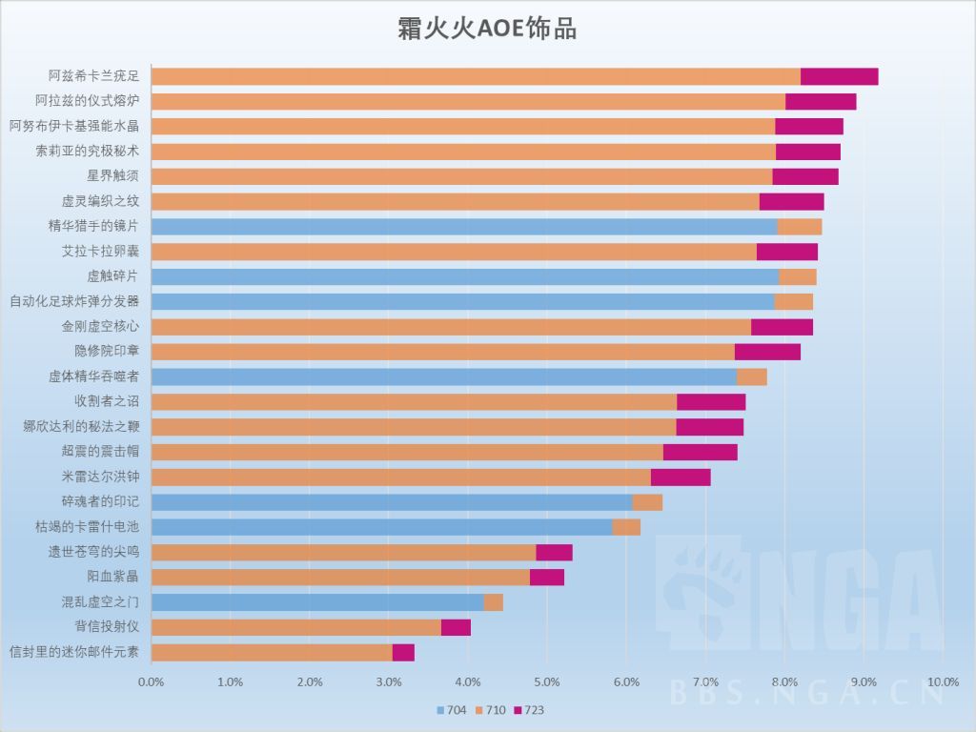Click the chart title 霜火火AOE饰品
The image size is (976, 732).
(x=487, y=29)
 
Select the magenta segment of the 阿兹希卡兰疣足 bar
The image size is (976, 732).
(x=839, y=77)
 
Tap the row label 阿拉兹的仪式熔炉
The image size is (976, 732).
(x=87, y=102)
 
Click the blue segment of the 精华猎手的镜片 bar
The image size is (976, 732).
(x=464, y=226)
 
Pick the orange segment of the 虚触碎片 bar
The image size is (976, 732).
(x=798, y=276)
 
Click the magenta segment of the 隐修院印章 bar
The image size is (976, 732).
(x=767, y=351)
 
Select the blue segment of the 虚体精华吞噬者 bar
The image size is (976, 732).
(x=444, y=376)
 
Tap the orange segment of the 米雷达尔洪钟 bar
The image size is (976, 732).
(x=400, y=477)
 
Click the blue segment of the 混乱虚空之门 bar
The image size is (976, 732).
(x=317, y=601)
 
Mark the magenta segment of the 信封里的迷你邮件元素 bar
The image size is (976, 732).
(x=403, y=652)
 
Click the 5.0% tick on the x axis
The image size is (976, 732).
(x=546, y=681)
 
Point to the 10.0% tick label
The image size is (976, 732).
(x=942, y=681)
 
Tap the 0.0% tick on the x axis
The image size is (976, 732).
(x=152, y=681)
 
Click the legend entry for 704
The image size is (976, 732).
(x=451, y=710)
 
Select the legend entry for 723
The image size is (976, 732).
(x=528, y=710)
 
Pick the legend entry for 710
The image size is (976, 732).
(x=489, y=710)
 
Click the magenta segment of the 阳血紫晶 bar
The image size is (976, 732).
(x=546, y=577)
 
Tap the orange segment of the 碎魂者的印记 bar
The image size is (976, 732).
(x=647, y=501)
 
